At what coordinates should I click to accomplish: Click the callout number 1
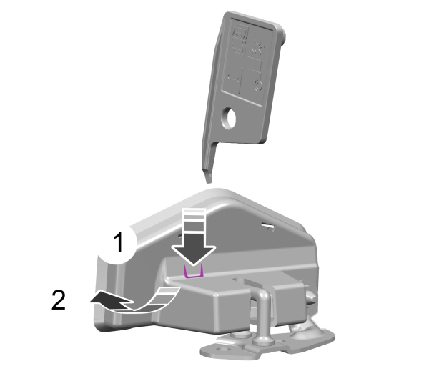click(119, 242)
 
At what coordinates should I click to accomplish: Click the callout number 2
click(59, 300)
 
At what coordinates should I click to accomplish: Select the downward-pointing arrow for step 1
click(194, 237)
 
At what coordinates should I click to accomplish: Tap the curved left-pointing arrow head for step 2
click(111, 300)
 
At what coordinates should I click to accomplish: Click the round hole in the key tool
click(229, 118)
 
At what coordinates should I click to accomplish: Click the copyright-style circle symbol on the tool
click(257, 86)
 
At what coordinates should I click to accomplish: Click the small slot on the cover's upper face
click(268, 226)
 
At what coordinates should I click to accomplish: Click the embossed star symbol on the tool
click(258, 48)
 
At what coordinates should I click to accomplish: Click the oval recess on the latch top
click(239, 280)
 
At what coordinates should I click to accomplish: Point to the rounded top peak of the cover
click(216, 191)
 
